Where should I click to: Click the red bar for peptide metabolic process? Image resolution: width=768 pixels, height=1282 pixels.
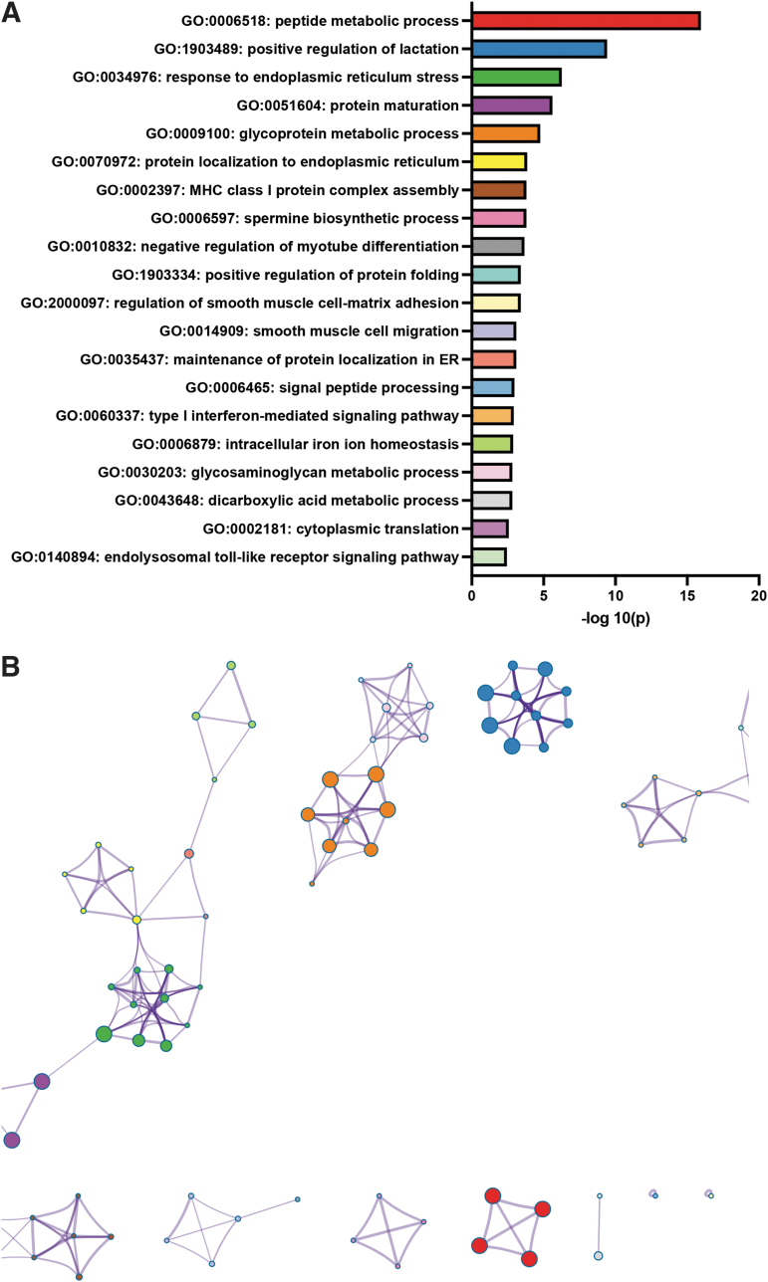[586, 21]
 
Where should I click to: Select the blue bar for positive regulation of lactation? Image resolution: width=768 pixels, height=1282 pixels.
[539, 49]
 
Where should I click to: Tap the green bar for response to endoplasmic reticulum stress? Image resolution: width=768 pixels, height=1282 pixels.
[516, 77]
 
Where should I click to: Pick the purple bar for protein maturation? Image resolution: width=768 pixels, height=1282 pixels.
[511, 106]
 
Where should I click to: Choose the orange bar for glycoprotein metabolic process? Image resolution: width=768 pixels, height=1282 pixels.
[505, 133]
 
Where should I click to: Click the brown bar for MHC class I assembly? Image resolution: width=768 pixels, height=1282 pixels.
[498, 190]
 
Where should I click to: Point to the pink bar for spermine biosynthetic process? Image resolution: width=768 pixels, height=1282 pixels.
[498, 218]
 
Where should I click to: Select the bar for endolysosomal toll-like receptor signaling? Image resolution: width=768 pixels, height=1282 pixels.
[488, 556]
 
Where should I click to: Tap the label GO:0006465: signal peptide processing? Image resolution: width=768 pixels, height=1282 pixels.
[322, 387]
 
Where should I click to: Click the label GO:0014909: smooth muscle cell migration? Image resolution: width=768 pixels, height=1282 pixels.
[309, 330]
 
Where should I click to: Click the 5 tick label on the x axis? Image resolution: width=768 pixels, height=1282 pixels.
[544, 595]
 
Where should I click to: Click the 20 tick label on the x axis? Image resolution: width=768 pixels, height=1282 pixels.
[759, 595]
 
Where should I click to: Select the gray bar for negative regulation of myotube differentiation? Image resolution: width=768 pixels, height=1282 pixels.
[497, 246]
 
